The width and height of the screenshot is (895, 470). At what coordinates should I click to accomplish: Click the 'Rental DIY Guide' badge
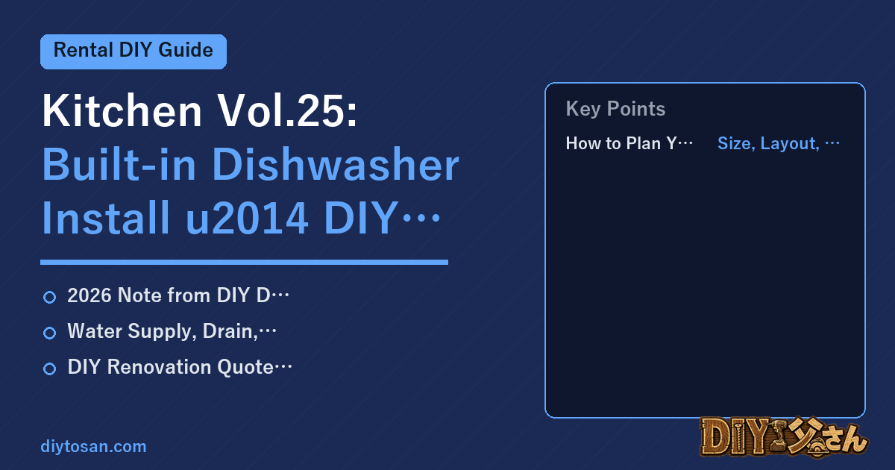pyautogui.click(x=134, y=51)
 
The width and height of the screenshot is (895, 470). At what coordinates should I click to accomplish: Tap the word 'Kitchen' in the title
pyautogui.click(x=122, y=110)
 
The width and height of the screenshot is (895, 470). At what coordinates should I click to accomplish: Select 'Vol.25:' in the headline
pyautogui.click(x=287, y=110)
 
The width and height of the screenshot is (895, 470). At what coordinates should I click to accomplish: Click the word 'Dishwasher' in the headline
pyautogui.click(x=336, y=165)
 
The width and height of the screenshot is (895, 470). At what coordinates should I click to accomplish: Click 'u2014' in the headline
pyautogui.click(x=248, y=218)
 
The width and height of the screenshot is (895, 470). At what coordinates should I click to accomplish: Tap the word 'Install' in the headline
pyautogui.click(x=106, y=218)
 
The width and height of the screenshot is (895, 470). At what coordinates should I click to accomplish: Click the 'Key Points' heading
pyautogui.click(x=615, y=109)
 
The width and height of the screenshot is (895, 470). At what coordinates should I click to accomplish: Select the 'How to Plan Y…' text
pyautogui.click(x=629, y=143)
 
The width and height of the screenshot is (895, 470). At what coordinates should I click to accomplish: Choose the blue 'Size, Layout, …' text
pyautogui.click(x=779, y=143)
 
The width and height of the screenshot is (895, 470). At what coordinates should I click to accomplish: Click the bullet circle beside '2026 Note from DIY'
pyautogui.click(x=49, y=297)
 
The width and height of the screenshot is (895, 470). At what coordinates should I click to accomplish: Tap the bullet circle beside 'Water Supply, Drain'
pyautogui.click(x=49, y=333)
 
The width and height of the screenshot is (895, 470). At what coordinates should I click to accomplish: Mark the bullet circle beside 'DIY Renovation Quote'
pyautogui.click(x=49, y=369)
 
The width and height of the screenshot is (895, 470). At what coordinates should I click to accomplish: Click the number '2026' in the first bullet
pyautogui.click(x=89, y=295)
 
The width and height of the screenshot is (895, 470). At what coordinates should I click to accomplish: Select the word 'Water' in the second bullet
pyautogui.click(x=95, y=331)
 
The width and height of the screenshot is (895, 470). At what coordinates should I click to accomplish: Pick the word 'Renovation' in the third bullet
pyautogui.click(x=159, y=367)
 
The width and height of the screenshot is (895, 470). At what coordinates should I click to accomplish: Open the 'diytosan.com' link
pyautogui.click(x=93, y=446)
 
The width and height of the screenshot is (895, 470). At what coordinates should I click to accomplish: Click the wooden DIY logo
pyautogui.click(x=784, y=436)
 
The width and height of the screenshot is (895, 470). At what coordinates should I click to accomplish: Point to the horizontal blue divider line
pyautogui.click(x=244, y=262)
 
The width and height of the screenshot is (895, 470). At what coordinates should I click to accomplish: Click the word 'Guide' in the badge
pyautogui.click(x=186, y=51)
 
